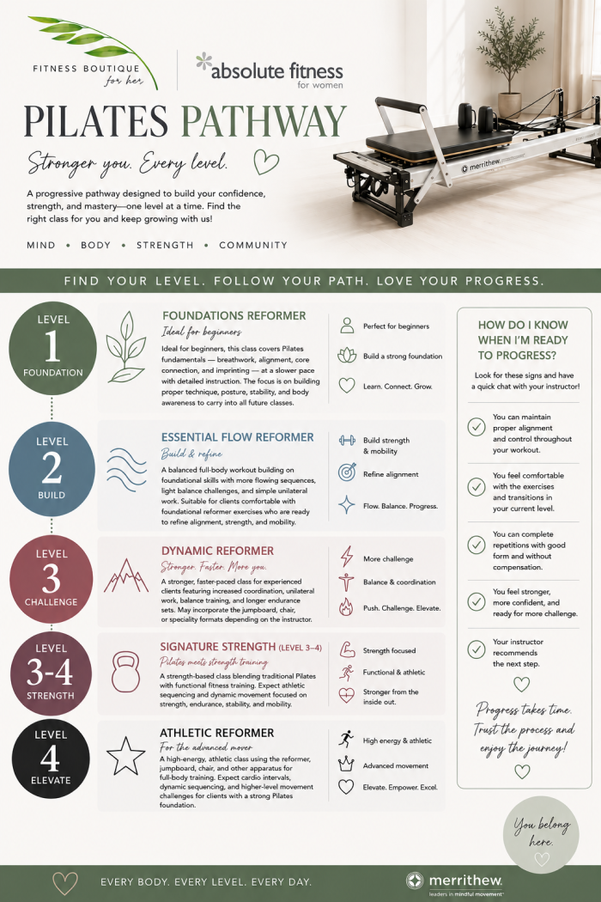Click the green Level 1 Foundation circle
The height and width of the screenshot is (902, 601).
click(x=52, y=348)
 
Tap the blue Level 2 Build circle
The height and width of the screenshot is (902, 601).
click(x=52, y=469)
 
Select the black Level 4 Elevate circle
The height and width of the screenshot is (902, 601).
click(x=51, y=759)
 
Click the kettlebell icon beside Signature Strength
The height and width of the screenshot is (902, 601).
click(x=125, y=671)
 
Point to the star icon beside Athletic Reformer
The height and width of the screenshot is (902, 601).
click(x=126, y=756)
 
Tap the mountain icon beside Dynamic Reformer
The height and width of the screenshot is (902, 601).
click(x=126, y=576)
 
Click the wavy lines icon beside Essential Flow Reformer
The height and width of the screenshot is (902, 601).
click(x=126, y=470)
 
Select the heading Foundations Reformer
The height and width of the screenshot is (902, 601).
click(x=234, y=316)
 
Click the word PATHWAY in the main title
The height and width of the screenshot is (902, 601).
click(x=264, y=121)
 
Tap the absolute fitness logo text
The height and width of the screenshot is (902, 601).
click(x=276, y=71)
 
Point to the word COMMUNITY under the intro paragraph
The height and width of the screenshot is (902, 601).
click(x=253, y=245)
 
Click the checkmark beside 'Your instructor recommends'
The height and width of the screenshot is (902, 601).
click(x=477, y=649)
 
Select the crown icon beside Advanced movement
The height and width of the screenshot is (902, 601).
click(x=346, y=764)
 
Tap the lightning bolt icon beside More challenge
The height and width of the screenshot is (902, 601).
click(x=347, y=557)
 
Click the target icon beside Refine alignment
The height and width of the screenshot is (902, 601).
click(x=347, y=472)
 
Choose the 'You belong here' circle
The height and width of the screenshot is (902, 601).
click(x=541, y=835)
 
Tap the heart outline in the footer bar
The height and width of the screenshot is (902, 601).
click(x=65, y=883)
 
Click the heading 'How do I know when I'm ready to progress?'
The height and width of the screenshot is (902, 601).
click(x=523, y=340)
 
